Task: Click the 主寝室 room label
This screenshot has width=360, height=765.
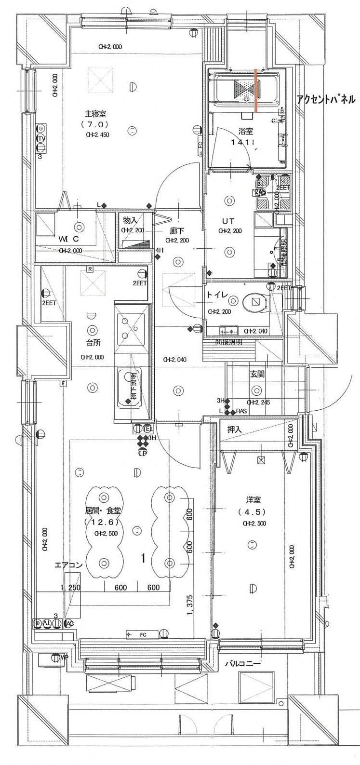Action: click(x=95, y=114)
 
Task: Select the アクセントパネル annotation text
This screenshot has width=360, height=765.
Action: click(x=326, y=100)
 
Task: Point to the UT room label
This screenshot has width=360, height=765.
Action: click(x=228, y=221)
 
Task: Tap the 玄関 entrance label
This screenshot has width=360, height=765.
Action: click(x=256, y=373)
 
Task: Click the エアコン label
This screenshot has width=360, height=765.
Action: click(x=68, y=565)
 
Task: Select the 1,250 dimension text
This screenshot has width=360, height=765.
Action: click(x=70, y=588)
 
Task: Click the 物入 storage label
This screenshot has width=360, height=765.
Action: click(x=131, y=220)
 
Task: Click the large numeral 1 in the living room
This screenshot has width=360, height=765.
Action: click(x=143, y=558)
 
